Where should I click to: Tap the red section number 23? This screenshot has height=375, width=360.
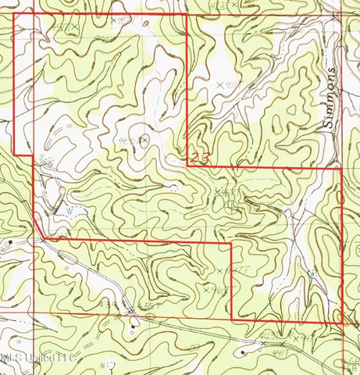click(x=198, y=159)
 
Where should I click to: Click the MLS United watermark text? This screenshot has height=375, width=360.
click(x=39, y=358)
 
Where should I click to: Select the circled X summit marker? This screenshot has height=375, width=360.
click(x=144, y=139)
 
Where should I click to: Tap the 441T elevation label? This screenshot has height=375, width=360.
click(x=228, y=270)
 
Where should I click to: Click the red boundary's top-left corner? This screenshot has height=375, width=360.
click(x=16, y=14)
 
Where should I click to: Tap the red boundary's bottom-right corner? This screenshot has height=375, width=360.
click(x=344, y=322)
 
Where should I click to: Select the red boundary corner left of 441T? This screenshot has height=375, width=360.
click(x=232, y=244)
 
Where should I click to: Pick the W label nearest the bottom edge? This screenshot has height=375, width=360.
click(x=105, y=363)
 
